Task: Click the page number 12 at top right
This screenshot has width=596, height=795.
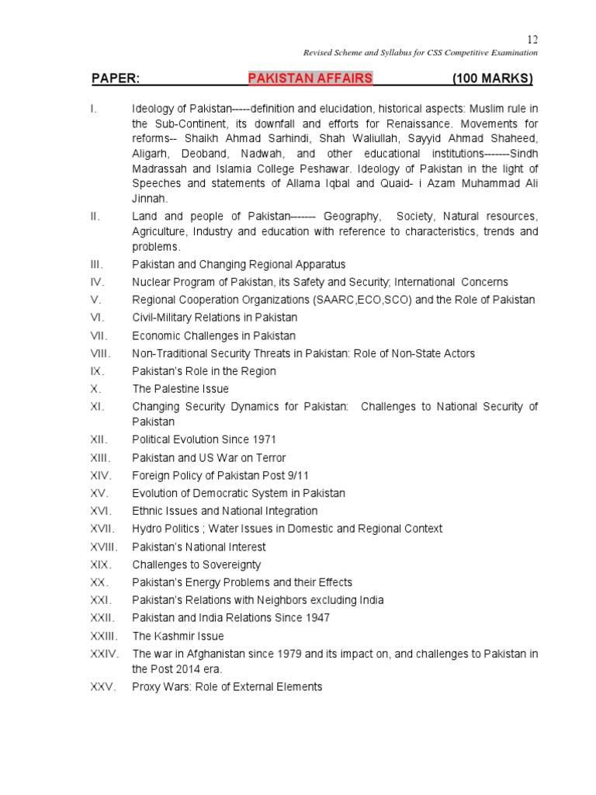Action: (532, 40)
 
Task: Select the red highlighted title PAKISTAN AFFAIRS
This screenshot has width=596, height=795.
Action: (310, 78)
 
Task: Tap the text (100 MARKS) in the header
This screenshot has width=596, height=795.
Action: (493, 78)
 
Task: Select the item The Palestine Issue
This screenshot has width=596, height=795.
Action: (180, 388)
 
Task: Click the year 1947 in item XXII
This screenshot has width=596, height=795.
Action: (317, 618)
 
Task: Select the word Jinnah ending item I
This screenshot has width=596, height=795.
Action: (149, 198)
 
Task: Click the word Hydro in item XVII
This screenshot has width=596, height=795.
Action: (147, 529)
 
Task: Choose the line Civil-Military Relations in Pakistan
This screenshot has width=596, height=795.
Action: (214, 318)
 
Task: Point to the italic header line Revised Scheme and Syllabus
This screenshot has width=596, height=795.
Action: (420, 53)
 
